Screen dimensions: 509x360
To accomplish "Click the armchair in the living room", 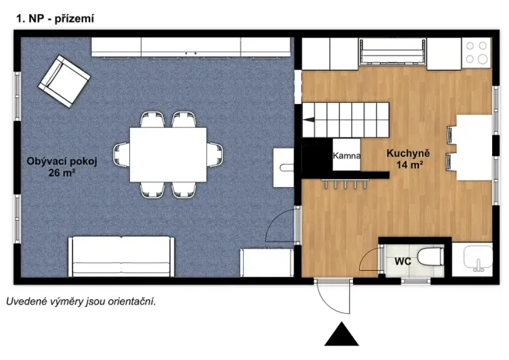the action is click(65, 82).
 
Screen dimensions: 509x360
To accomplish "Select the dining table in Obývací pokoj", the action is click(168, 155).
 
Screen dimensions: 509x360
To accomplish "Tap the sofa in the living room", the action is click(121, 257).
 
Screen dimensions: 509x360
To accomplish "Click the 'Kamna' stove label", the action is click(347, 155).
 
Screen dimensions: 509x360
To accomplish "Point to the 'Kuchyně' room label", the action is click(408, 153).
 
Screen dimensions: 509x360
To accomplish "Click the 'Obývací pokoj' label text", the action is click(62, 162).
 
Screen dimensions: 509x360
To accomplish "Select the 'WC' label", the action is click(403, 262).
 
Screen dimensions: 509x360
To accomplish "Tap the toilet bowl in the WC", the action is click(431, 257).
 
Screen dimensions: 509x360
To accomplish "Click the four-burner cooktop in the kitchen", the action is click(476, 52).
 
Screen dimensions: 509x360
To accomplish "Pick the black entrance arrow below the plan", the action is click(341, 334).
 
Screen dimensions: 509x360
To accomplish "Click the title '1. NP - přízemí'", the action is click(55, 18).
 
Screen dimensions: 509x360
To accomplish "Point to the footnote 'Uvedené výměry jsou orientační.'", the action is click(82, 302).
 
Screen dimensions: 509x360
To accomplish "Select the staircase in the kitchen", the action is click(346, 119).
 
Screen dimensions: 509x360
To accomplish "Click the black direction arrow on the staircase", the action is click(309, 120).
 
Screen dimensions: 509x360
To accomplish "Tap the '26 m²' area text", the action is click(62, 173).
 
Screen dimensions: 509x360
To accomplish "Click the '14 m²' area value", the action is click(409, 165).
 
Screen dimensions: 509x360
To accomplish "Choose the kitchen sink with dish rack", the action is click(392, 52).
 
